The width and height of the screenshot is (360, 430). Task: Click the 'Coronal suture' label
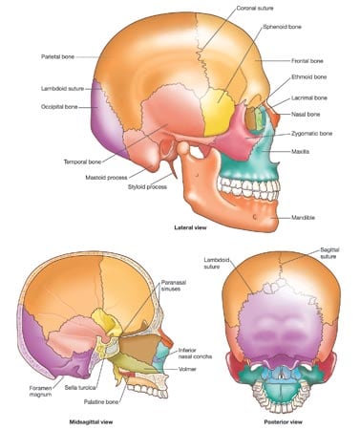click(x=255, y=8)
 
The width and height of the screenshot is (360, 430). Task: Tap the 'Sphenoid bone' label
click(x=282, y=27)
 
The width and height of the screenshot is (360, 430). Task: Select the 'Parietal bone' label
click(x=57, y=56)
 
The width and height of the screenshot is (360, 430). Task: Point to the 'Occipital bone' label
click(x=59, y=107)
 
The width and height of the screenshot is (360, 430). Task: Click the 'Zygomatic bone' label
click(x=311, y=134)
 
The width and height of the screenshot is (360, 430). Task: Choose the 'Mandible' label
click(x=303, y=218)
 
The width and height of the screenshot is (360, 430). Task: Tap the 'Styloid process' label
click(x=147, y=186)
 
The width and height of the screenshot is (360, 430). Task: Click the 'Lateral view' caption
click(x=190, y=227)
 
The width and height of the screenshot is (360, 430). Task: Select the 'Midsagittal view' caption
click(x=91, y=422)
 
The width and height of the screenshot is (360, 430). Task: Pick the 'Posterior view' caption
click(x=283, y=422)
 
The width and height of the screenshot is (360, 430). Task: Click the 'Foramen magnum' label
click(x=40, y=391)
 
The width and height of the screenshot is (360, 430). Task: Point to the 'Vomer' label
click(x=187, y=369)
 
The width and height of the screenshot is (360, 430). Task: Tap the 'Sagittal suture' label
click(x=329, y=253)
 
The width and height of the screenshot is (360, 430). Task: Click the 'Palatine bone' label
click(x=101, y=402)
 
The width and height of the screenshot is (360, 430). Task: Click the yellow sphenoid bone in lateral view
click(x=219, y=112)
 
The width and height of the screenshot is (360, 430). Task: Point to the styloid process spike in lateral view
click(x=172, y=170)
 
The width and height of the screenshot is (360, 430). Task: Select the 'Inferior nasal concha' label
click(x=195, y=354)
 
